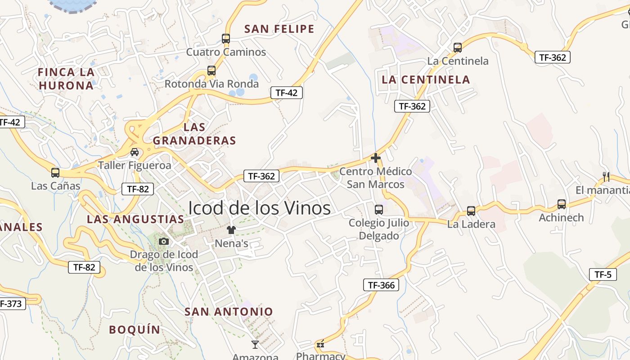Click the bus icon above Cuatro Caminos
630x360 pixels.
coord(226,39)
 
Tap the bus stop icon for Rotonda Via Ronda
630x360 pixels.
coord(211,71)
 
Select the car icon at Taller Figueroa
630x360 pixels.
coord(135,152)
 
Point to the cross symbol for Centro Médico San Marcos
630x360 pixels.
coord(375,158)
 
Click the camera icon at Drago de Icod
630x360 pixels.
coord(164,242)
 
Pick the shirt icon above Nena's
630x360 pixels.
coord(231,230)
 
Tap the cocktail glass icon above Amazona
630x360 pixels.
coord(255,345)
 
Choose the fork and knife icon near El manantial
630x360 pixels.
coord(606,176)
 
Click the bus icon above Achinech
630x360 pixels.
coord(562,204)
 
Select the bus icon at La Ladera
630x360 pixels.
coord(471,211)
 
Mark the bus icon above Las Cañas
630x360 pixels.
coord(55,172)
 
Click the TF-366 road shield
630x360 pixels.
coord(381,285)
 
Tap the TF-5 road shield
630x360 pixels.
coord(603,274)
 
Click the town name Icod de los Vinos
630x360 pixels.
coord(259,208)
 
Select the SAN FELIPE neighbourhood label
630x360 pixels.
coord(279,29)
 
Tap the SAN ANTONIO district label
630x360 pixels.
coord(229,311)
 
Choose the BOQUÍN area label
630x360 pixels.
coord(135,330)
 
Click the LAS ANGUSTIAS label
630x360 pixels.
coord(135,219)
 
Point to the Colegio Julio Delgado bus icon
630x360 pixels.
coord(379,210)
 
